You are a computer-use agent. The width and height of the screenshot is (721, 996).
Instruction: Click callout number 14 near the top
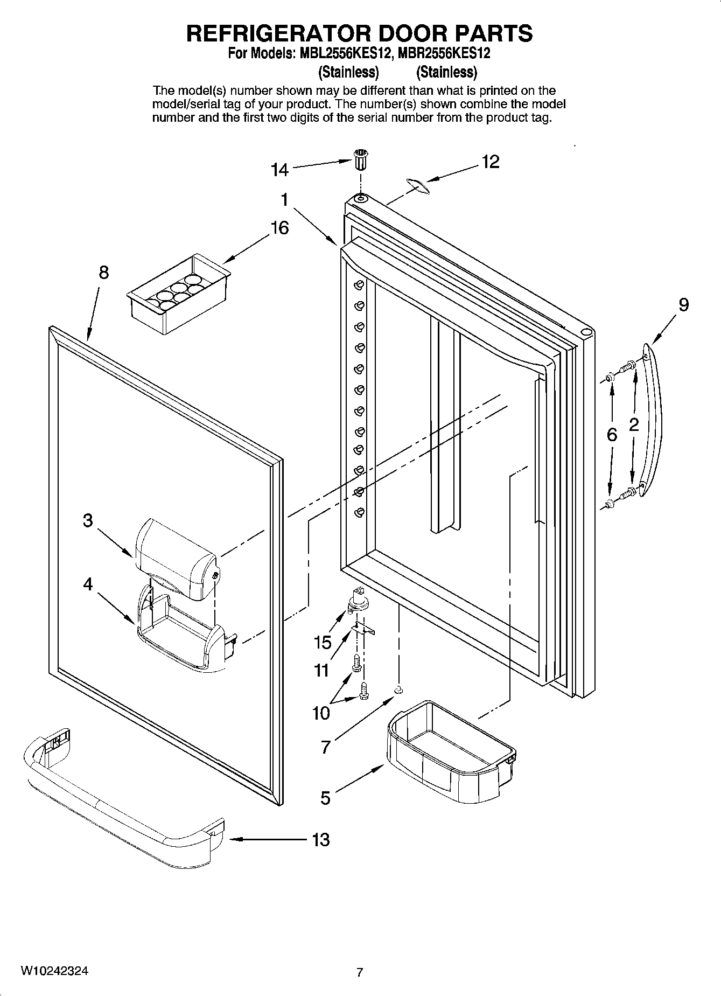(279, 170)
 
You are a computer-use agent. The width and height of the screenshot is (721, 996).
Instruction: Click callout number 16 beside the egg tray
(279, 228)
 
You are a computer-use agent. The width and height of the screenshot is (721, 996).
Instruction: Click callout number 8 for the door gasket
(103, 273)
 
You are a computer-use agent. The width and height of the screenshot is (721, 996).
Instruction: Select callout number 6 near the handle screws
(612, 435)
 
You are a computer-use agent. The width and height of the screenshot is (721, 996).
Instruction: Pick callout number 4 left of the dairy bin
(88, 584)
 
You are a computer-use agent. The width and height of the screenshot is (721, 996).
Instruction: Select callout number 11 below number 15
(321, 671)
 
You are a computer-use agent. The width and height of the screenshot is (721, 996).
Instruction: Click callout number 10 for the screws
(321, 714)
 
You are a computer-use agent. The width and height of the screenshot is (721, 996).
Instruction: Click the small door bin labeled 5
(450, 751)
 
